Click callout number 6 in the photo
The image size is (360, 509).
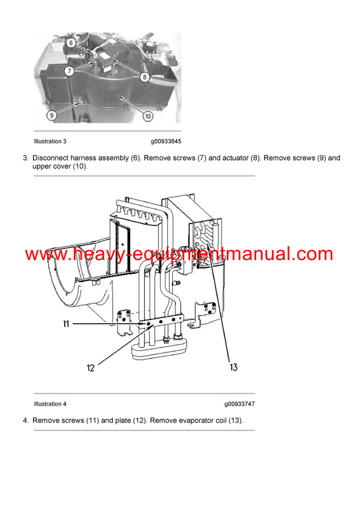[70, 43]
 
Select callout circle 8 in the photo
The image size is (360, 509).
[145, 76]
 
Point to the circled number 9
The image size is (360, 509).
[52, 114]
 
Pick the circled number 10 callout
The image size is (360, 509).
[148, 116]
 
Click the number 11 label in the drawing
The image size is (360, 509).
[66, 324]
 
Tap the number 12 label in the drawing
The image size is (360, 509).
[91, 368]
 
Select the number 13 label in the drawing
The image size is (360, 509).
[233, 367]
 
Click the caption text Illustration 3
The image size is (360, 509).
[50, 141]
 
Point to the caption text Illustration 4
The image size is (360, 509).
[50, 404]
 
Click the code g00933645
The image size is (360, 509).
[166, 141]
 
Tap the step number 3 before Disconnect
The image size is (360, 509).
[25, 158]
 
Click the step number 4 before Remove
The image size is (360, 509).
[25, 420]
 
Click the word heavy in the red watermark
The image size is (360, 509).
[93, 254]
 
